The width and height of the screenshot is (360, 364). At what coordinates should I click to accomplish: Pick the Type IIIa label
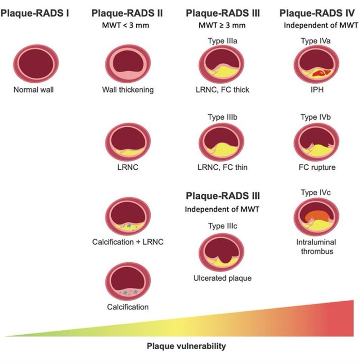click(222, 41)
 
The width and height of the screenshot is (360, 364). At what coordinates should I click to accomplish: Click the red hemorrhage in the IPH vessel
click(318, 72)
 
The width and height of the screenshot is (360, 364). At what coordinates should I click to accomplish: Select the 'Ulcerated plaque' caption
click(222, 278)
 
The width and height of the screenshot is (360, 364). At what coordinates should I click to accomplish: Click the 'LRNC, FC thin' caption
click(222, 168)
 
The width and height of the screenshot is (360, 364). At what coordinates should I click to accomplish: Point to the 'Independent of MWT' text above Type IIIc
click(222, 209)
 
